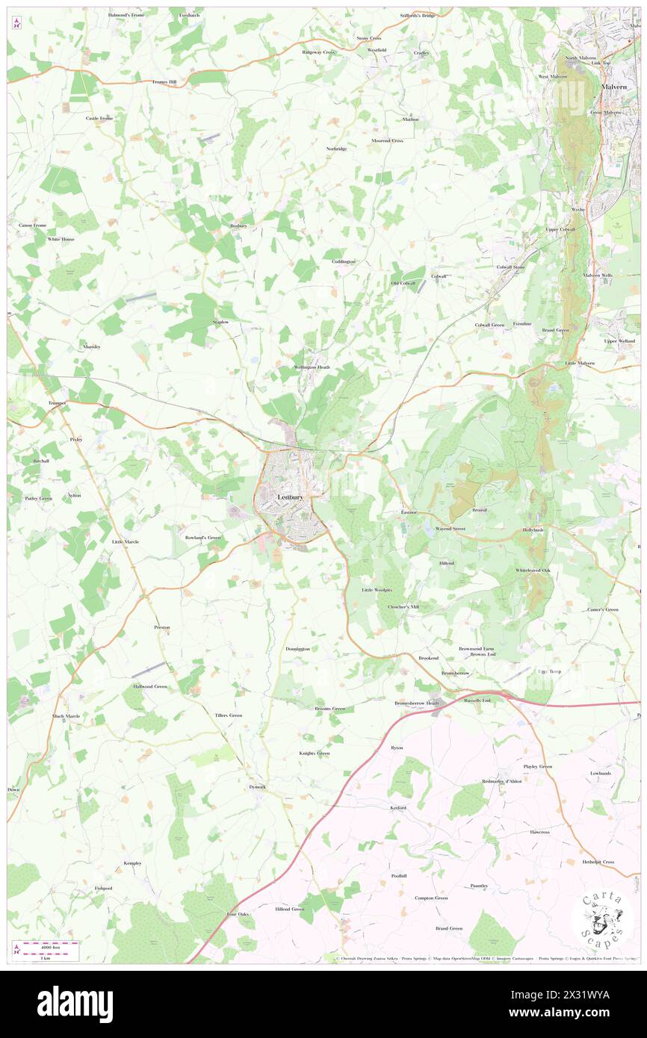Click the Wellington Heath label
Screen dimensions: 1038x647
point(312,367)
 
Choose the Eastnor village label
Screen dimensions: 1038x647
point(409,513)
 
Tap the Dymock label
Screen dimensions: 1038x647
point(256,787)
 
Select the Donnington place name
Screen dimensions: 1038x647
point(297,648)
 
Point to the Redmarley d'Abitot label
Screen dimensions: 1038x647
point(502,781)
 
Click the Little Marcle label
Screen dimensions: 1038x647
point(126,541)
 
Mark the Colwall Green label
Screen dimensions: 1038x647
point(490,325)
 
